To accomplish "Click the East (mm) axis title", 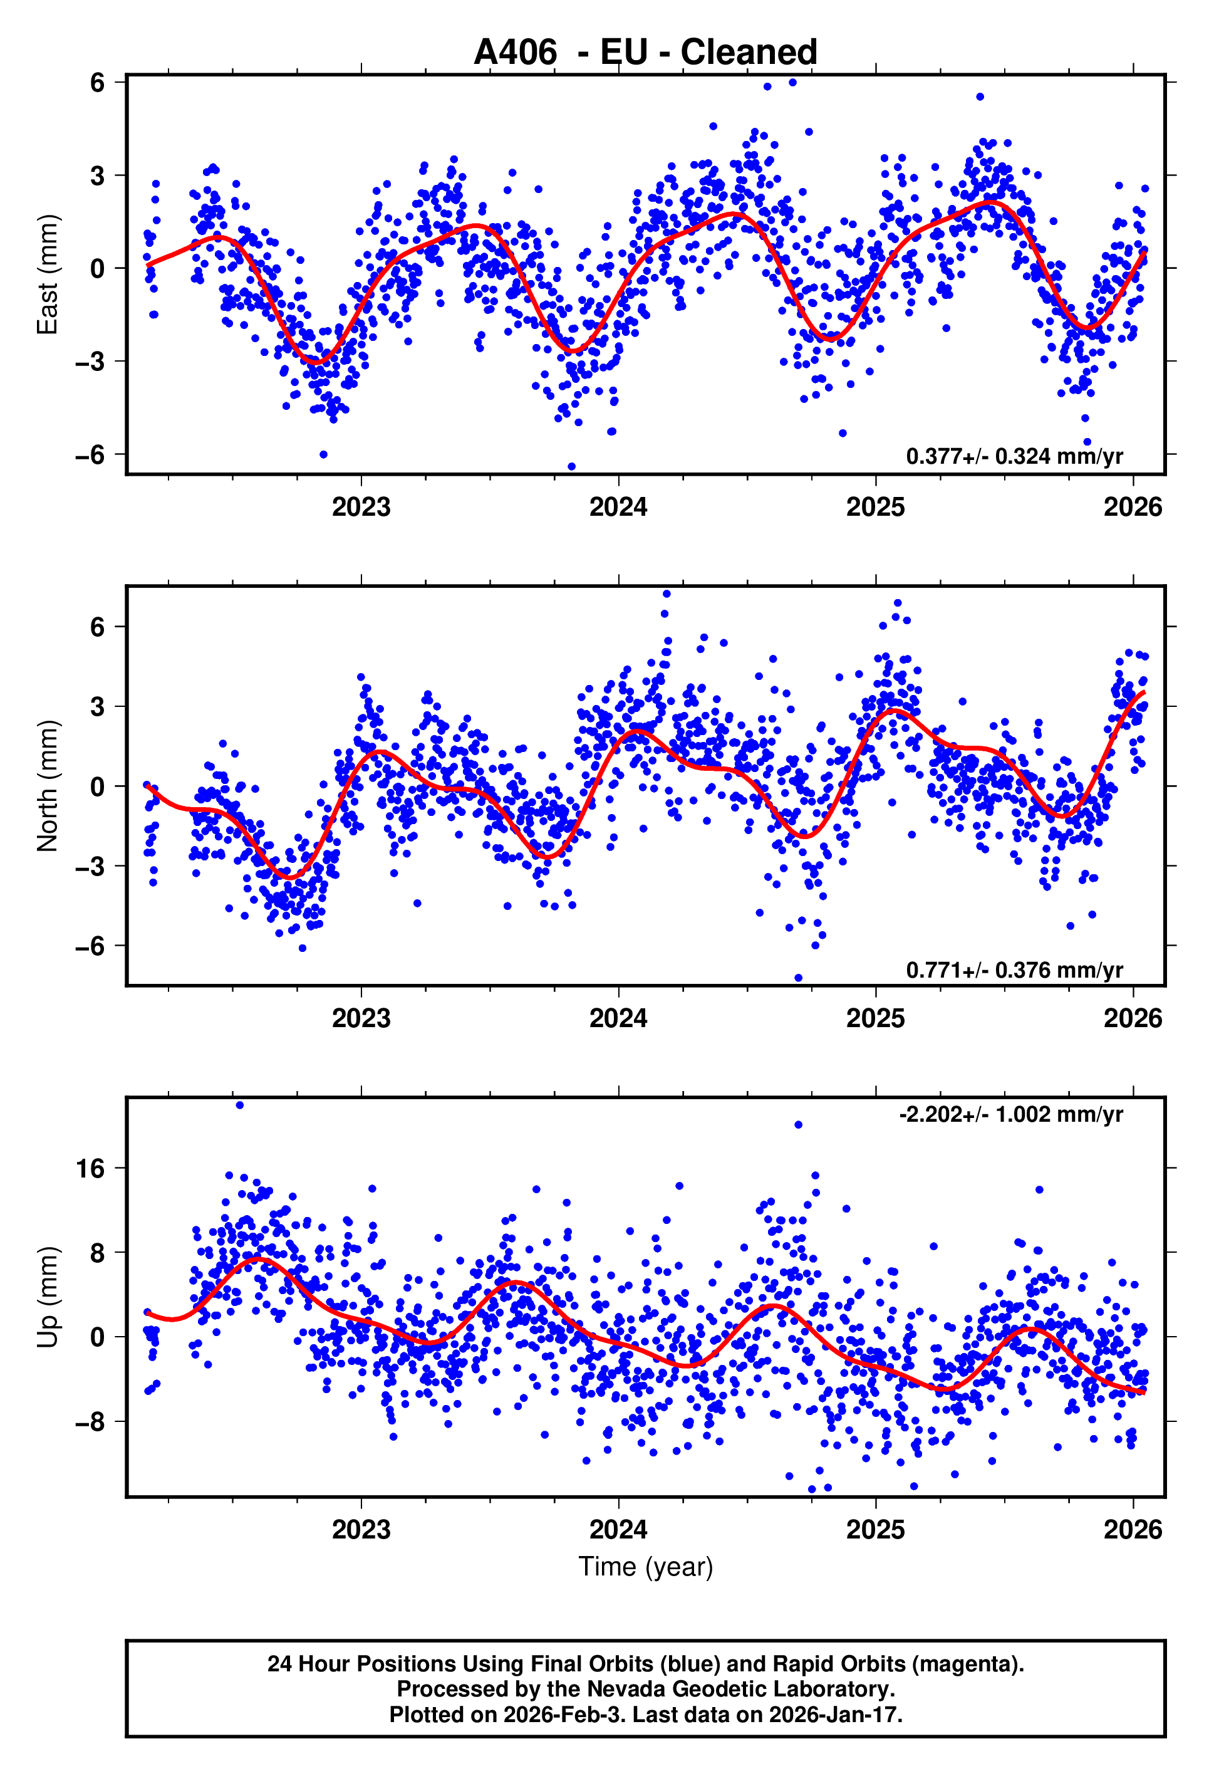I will [48, 274].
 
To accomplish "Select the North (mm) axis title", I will [48, 786].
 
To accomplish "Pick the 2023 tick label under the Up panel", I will [361, 1530].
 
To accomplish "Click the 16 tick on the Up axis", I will [90, 1169].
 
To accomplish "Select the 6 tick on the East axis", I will [97, 83].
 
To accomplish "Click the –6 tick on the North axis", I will [90, 946].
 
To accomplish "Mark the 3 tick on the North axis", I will [97, 707].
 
